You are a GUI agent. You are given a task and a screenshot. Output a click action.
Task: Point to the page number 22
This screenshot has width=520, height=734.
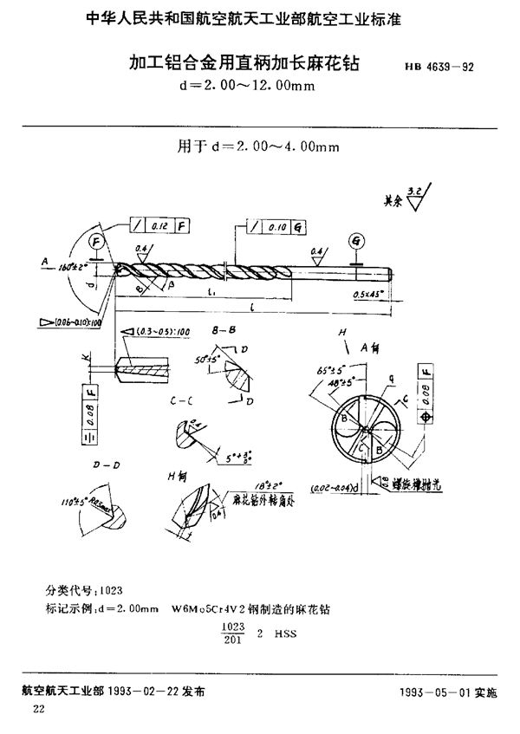pyautogui.click(x=38, y=709)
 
